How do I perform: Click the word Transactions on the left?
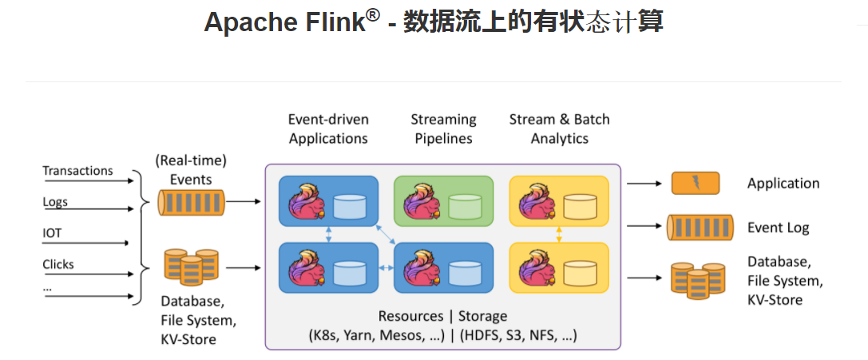pos(77,171)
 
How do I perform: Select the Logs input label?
pos(55,202)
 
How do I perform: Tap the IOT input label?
pos(52,233)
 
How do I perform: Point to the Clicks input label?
pos(58,264)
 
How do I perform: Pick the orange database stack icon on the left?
pos(191,267)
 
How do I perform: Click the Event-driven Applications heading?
pos(328,129)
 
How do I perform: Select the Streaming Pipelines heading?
pos(443,129)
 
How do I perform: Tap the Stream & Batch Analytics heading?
pos(559,129)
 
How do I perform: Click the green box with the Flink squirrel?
pos(443,200)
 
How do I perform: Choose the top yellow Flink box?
pos(559,200)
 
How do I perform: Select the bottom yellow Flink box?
pos(559,268)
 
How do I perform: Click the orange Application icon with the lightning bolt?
pos(695,184)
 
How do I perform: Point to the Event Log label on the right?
pos(778,228)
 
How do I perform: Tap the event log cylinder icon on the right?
pos(700,228)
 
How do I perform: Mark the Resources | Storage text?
pos(442,317)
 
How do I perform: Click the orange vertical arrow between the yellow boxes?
pos(559,234)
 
